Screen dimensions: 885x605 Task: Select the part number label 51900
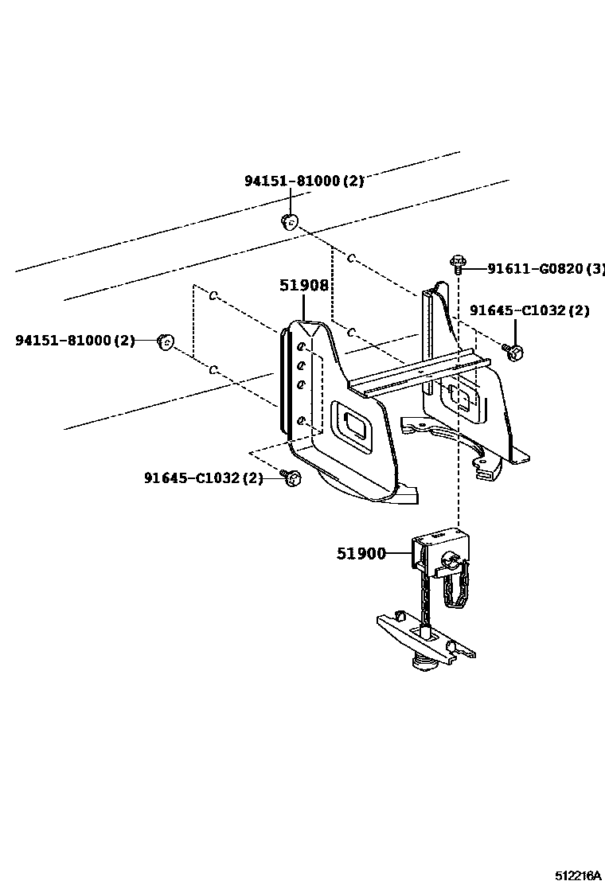[x=361, y=554]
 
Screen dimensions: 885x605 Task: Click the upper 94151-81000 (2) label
[x=303, y=181]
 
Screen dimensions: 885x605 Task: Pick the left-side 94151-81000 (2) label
[x=75, y=341]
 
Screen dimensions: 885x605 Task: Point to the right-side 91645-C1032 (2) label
[x=529, y=310]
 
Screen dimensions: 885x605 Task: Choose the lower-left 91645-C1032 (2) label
[x=203, y=478]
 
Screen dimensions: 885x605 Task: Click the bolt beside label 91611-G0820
[x=458, y=263]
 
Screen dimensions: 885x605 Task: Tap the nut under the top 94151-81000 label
[x=290, y=221]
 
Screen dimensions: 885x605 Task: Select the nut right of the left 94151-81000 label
[x=166, y=342]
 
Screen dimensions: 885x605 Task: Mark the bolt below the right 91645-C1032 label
[x=512, y=350]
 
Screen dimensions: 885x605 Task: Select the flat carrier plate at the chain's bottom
[x=426, y=638]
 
